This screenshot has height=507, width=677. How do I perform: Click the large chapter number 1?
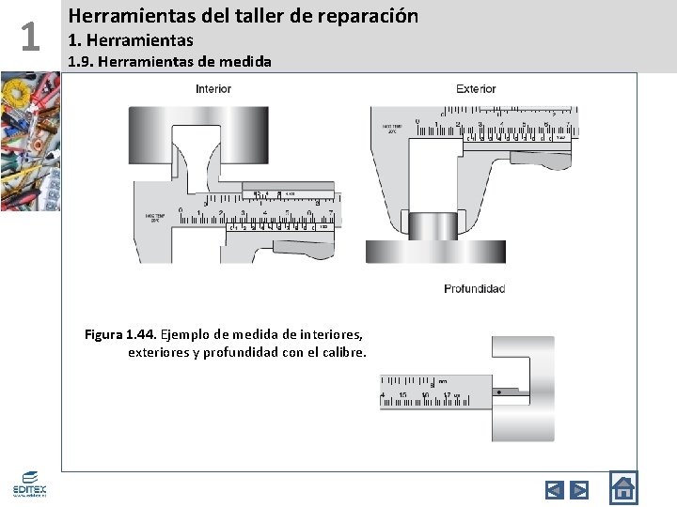(30, 37)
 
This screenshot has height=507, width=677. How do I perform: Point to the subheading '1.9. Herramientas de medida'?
(170, 62)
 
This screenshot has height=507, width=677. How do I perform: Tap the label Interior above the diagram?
(213, 89)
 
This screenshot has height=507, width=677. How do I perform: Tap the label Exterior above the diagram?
(476, 89)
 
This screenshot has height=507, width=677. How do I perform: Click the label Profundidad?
(474, 288)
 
